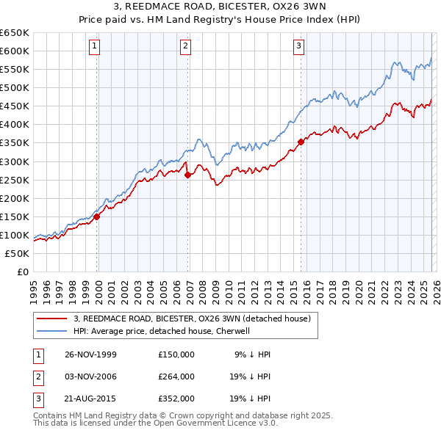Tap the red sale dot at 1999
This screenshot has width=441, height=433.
click(x=97, y=216)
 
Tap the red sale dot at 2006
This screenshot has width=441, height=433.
click(x=187, y=175)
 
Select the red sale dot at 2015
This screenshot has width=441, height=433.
click(x=301, y=142)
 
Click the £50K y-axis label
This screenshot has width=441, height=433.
click(x=18, y=253)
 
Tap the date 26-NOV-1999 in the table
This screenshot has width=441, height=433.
click(x=91, y=354)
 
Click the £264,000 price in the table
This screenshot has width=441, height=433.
click(x=176, y=376)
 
